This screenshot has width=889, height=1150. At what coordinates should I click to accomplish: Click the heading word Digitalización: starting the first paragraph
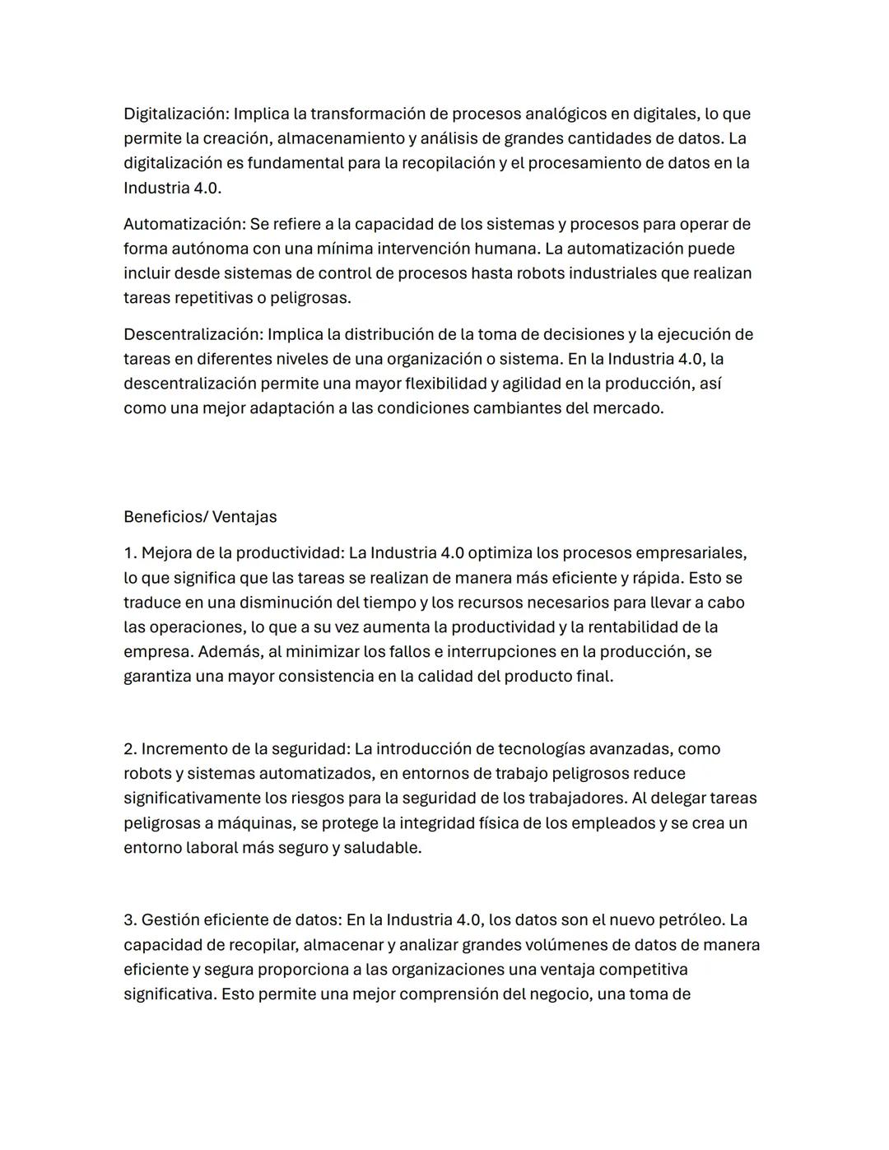tap(175, 114)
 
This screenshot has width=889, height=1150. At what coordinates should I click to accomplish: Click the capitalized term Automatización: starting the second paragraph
tap(184, 224)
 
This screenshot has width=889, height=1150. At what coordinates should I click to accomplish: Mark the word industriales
tap(607, 273)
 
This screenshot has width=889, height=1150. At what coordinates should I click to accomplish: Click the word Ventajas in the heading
tap(244, 517)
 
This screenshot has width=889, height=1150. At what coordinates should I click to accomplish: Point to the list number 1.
tap(129, 553)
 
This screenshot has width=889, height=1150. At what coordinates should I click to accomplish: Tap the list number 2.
tap(130, 749)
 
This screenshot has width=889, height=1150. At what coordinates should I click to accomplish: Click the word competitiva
tap(643, 970)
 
